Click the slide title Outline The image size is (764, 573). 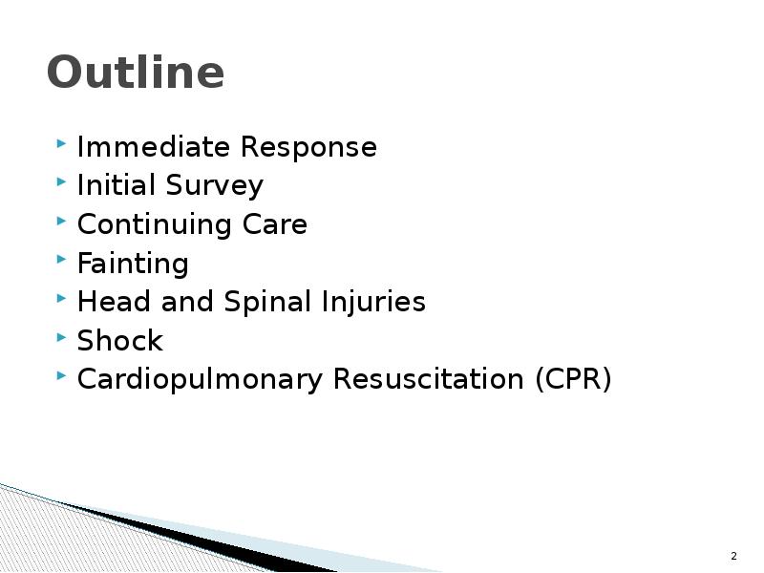135,73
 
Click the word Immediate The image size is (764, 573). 154,147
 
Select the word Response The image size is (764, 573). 308,147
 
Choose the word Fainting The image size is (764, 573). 133,264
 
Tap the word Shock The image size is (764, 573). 119,341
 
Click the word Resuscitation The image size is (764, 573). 427,379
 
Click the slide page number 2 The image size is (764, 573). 733,556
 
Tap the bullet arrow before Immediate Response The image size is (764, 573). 61,146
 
